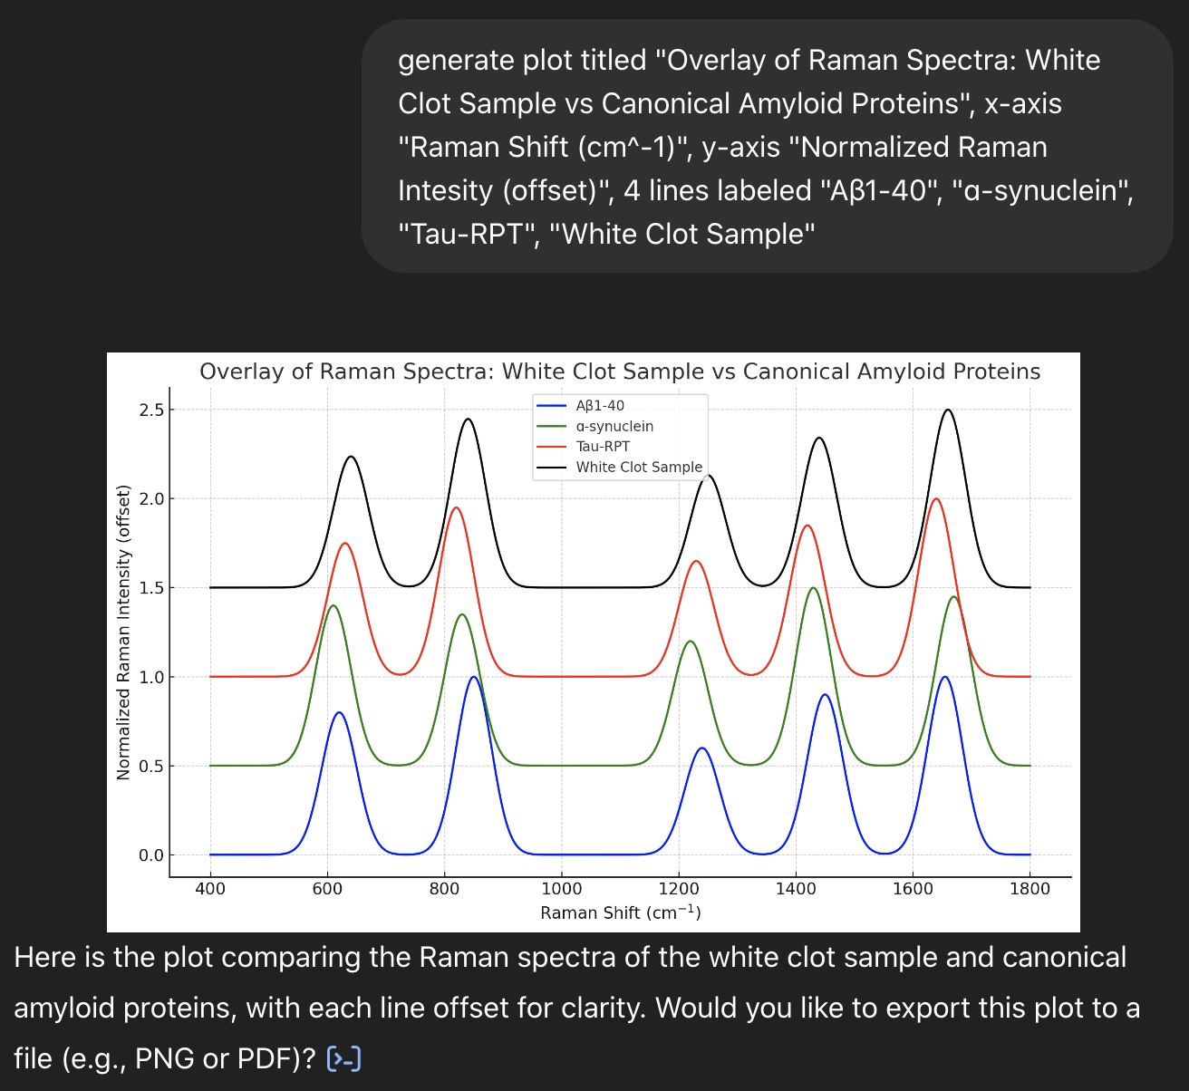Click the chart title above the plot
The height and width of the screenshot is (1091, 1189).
[x=620, y=372]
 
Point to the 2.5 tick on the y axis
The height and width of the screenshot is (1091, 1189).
[x=151, y=410]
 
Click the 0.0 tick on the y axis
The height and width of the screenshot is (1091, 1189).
[x=151, y=855]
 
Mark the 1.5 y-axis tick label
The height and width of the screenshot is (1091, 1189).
[x=151, y=587]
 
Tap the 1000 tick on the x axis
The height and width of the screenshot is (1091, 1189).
[x=561, y=889]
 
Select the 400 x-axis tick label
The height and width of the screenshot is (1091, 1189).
[x=210, y=889]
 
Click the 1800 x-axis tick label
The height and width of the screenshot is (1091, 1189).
[x=1030, y=889]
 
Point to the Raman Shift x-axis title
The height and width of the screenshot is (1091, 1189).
[x=621, y=912]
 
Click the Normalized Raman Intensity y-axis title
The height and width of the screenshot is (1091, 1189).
[x=123, y=632]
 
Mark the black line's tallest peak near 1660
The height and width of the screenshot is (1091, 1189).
[x=948, y=410]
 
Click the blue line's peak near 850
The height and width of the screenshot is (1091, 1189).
[x=474, y=677]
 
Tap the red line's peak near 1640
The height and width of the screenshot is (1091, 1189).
[x=936, y=498]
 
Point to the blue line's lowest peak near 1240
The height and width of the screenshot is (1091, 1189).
[x=702, y=748]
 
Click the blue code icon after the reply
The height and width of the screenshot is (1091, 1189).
[x=343, y=1059]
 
